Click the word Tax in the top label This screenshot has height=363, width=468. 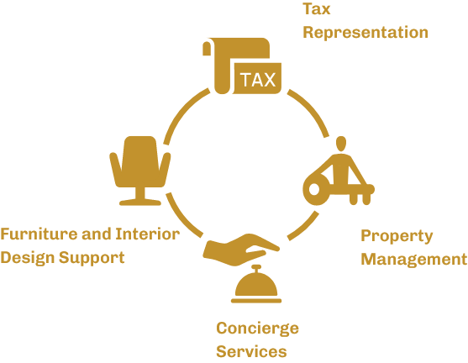(316, 9)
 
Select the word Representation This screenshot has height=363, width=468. (365, 33)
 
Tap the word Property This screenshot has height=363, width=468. (397, 236)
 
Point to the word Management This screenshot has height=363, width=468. (413, 259)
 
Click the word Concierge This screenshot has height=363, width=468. (257, 328)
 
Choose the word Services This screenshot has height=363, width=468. (251, 351)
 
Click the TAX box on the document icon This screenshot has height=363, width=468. (257, 80)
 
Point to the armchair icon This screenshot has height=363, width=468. (139, 169)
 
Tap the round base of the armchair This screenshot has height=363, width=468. (139, 201)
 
